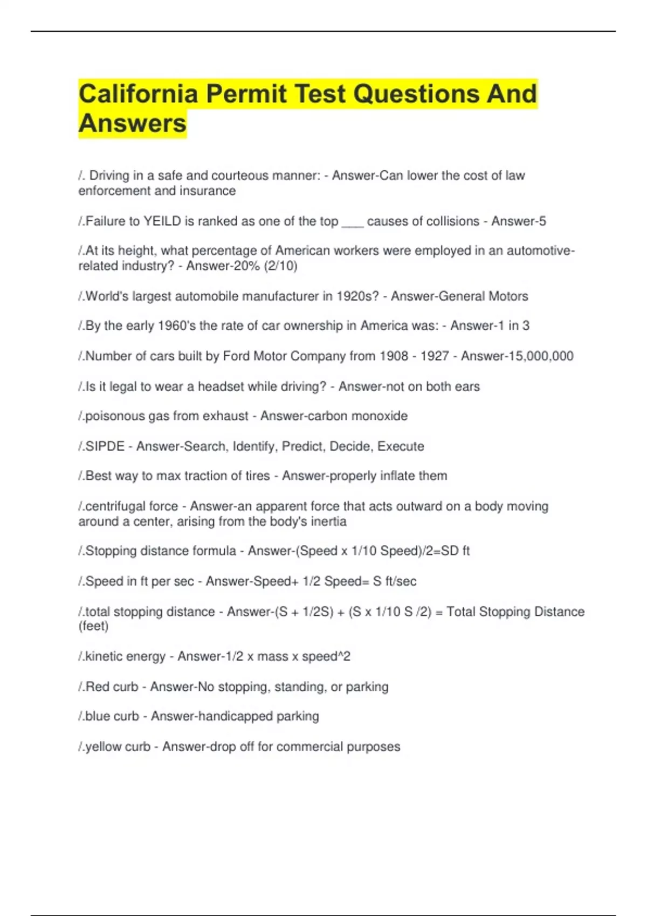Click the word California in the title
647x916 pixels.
(138, 94)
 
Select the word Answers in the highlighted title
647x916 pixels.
(133, 123)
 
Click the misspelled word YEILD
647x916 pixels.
(162, 221)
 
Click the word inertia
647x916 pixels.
(328, 522)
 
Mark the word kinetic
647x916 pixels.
(106, 656)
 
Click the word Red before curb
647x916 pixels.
(98, 686)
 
